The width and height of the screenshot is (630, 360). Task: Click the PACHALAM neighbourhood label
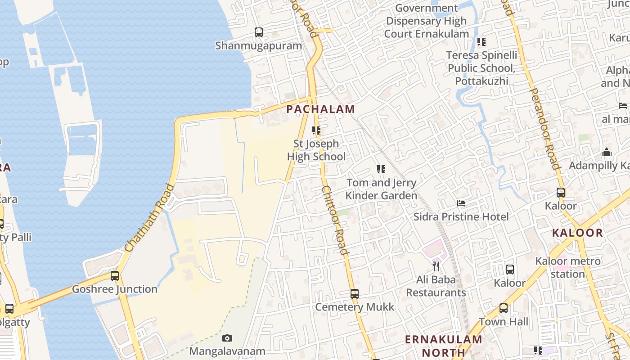click(x=320, y=109)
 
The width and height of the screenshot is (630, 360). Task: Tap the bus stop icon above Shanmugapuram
click(x=259, y=32)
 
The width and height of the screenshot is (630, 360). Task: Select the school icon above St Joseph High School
click(x=316, y=130)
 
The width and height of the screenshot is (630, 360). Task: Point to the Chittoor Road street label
click(x=335, y=220)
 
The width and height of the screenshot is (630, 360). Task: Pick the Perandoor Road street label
click(x=545, y=128)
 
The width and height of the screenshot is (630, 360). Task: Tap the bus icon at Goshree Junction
click(x=115, y=276)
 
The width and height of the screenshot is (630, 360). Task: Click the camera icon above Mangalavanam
click(x=227, y=338)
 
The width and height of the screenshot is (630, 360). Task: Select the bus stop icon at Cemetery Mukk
click(x=355, y=294)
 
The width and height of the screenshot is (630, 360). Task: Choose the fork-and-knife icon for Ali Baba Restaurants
click(x=436, y=266)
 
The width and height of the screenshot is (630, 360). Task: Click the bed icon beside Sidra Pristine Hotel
click(x=461, y=203)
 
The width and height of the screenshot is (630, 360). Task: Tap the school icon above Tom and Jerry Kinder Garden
click(x=381, y=170)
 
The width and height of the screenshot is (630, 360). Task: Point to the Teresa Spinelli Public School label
click(x=481, y=68)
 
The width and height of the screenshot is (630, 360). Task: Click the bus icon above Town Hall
click(x=504, y=308)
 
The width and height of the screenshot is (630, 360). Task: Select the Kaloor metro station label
click(x=567, y=267)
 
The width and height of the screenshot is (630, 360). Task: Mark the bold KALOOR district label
click(x=577, y=233)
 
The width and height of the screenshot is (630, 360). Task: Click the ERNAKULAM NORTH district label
click(x=443, y=346)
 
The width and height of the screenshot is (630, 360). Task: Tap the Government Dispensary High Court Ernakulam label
click(x=427, y=21)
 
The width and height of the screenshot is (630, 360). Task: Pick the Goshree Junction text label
click(x=115, y=289)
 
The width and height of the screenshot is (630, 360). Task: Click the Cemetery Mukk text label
click(x=355, y=307)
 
